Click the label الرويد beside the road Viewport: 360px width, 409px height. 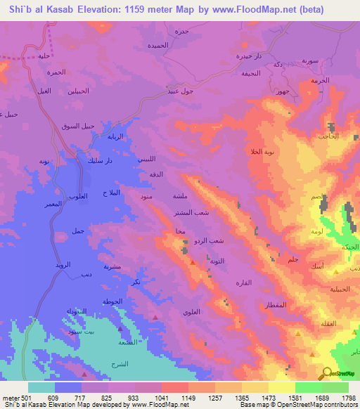pyautogui.click(x=64, y=266)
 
